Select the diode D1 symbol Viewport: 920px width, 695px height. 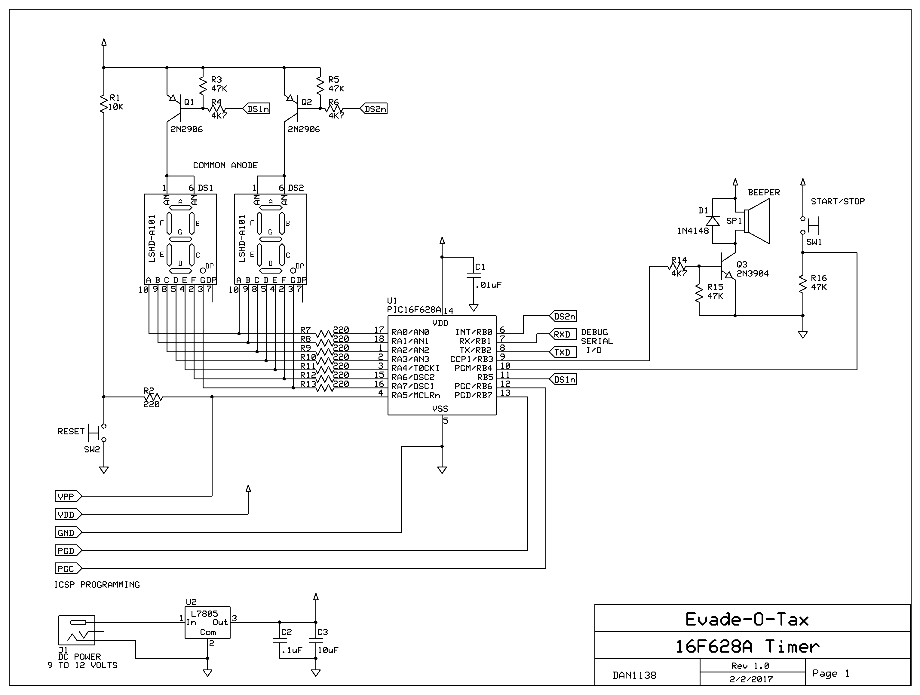click(713, 221)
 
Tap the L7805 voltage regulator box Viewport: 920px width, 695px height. click(207, 622)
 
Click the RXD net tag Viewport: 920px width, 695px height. click(563, 334)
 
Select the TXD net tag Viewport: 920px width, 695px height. click(563, 352)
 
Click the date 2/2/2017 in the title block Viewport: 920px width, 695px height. click(751, 679)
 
